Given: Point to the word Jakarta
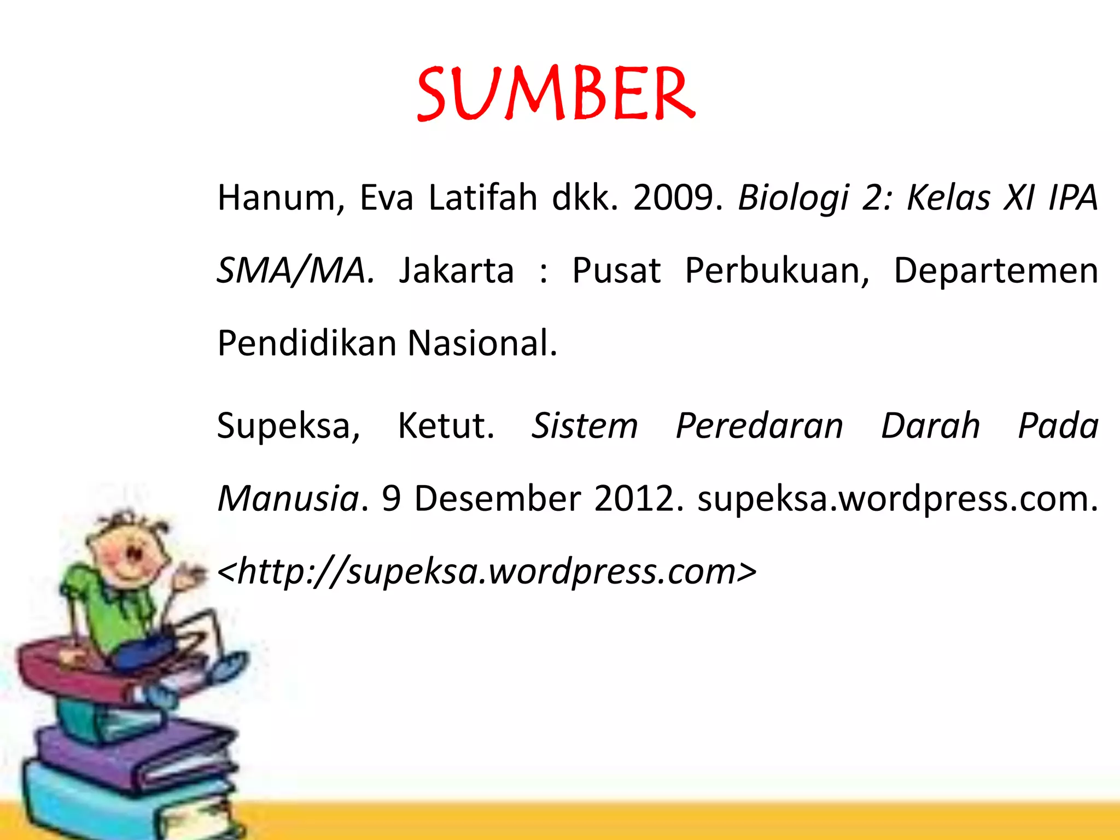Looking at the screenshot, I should pos(457,271).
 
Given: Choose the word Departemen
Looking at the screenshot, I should pos(995,271).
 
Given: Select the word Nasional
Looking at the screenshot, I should pos(482,343).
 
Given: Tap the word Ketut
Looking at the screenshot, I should pos(446,427).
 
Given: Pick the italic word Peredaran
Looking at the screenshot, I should pos(759,427).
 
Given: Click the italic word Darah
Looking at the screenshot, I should pos(930,427).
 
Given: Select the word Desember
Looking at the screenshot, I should pos(497,499).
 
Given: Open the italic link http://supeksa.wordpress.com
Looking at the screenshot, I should pos(487,572).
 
